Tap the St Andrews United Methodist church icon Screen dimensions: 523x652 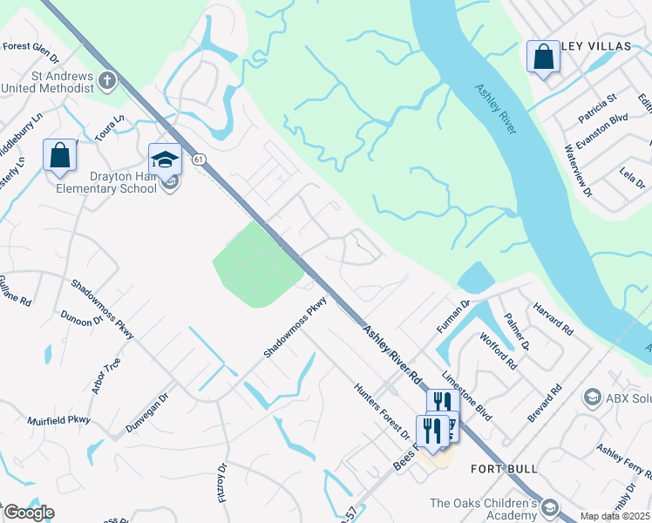pyautogui.click(x=107, y=81)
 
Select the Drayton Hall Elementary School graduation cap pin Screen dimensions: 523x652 pyautogui.click(x=164, y=159)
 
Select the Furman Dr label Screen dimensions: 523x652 pyautogui.click(x=453, y=316)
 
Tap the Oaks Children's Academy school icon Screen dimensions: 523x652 pyautogui.click(x=549, y=506)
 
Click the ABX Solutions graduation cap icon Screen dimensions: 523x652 pyautogui.click(x=593, y=397)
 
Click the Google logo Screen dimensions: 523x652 pyautogui.click(x=28, y=513)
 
